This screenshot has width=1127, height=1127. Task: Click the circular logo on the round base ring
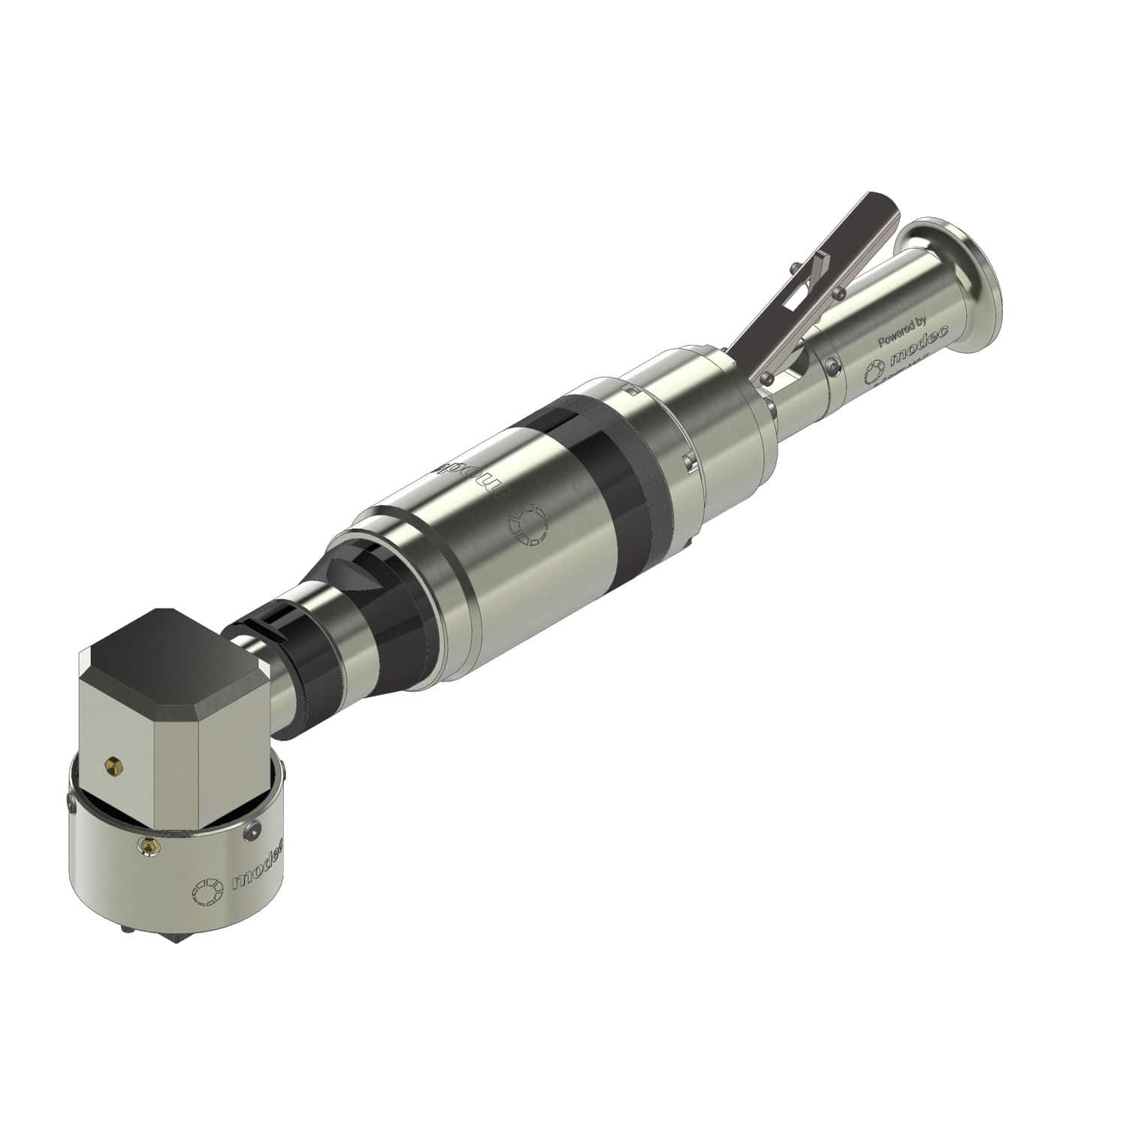point(208,891)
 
